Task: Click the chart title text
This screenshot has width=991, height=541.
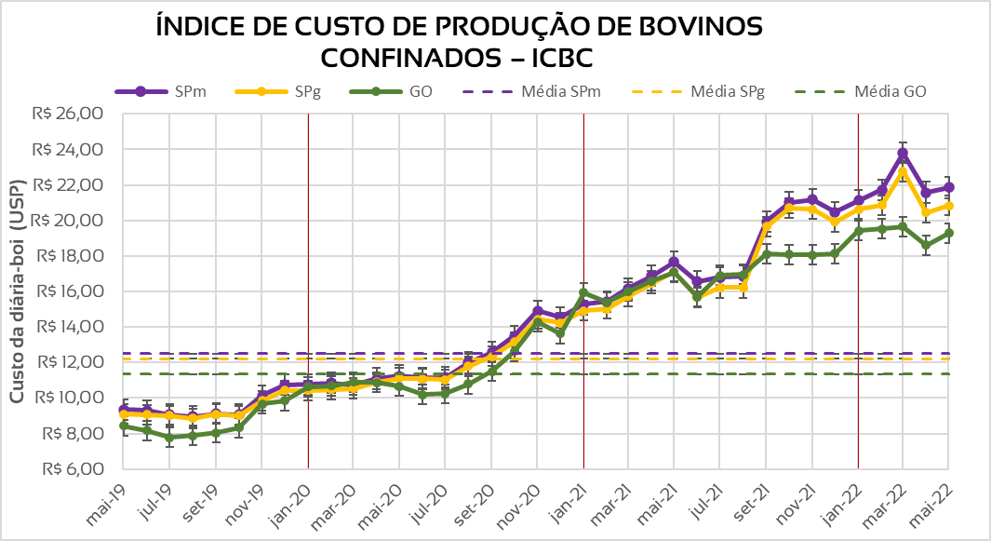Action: click(x=460, y=42)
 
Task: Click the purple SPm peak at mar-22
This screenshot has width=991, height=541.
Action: click(x=903, y=153)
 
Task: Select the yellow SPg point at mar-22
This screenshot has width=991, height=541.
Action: click(x=903, y=172)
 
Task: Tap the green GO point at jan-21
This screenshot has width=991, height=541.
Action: click(x=583, y=293)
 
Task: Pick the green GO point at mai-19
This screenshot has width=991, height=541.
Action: click(x=124, y=426)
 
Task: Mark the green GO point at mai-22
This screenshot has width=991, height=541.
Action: click(x=948, y=233)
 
